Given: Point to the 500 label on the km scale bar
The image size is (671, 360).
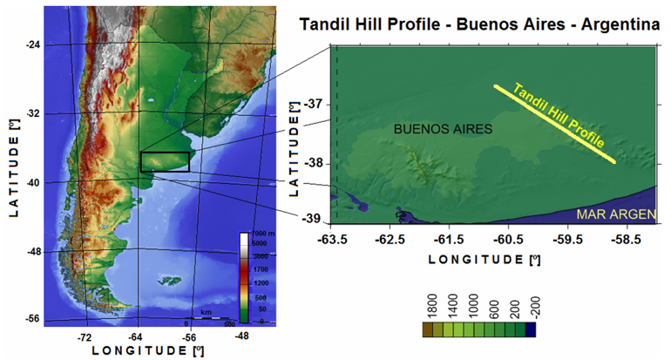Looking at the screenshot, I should (229, 323).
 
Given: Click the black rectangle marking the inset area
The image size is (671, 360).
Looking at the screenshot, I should (165, 161).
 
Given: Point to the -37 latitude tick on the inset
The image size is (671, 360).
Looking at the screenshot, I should (315, 104).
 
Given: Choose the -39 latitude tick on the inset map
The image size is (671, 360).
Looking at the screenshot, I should (315, 219).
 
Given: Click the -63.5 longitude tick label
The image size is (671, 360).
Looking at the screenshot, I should (332, 237).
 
